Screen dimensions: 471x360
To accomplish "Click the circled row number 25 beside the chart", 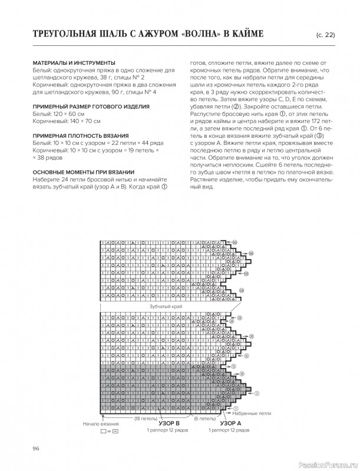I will (x=240, y=318).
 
